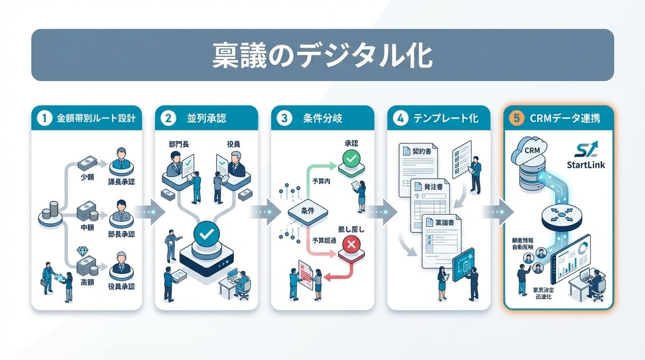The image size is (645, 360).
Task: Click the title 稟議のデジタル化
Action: (322, 55)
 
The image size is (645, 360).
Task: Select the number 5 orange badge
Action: (517, 119)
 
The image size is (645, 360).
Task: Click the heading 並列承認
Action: (206, 119)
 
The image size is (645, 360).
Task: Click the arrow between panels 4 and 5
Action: (495, 210)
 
